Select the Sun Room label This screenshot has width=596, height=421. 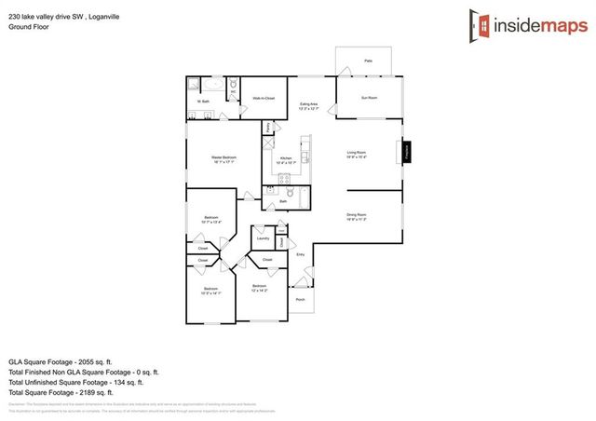click(x=370, y=97)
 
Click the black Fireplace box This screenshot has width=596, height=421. click(x=406, y=152)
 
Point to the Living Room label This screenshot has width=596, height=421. click(x=357, y=153)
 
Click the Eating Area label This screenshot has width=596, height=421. click(x=308, y=104)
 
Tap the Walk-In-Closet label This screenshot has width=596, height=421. click(x=264, y=98)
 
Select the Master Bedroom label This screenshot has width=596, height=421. click(x=223, y=157)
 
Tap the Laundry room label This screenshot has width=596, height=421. click(x=263, y=238)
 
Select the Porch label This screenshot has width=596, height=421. click(x=300, y=300)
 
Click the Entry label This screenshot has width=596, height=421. click(x=300, y=254)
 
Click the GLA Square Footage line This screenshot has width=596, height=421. click(x=60, y=360)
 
